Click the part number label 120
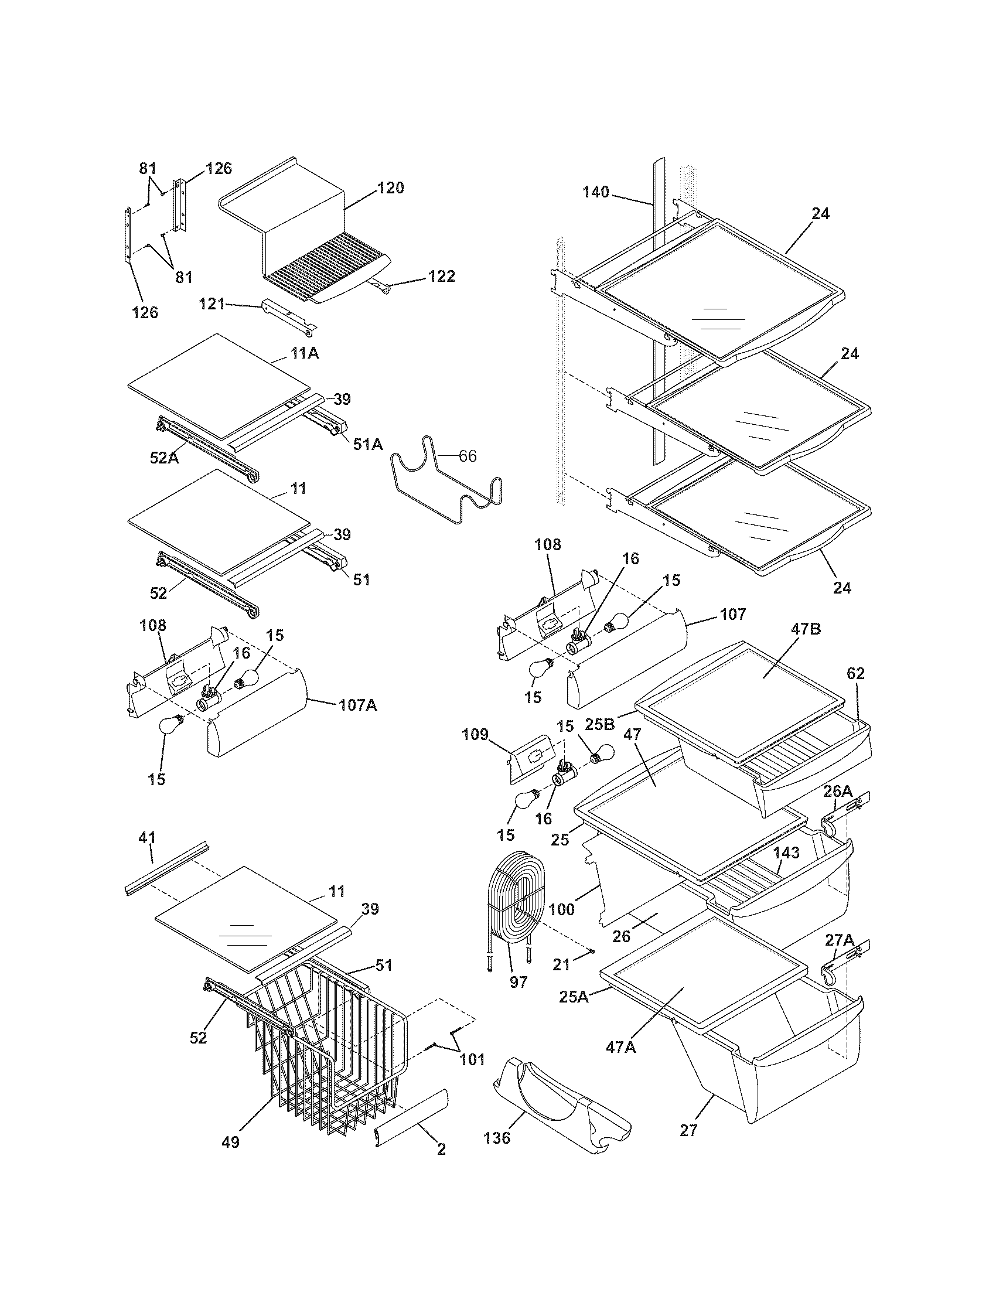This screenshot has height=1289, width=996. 391,188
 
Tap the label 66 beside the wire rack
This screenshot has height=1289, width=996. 468,456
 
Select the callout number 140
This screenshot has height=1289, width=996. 595,192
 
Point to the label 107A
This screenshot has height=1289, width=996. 357,705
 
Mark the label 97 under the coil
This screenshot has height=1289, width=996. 518,983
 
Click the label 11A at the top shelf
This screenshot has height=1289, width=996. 304,353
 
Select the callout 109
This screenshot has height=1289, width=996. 475,735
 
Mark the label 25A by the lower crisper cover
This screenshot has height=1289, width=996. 574,997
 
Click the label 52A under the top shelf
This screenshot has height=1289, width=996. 163,457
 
